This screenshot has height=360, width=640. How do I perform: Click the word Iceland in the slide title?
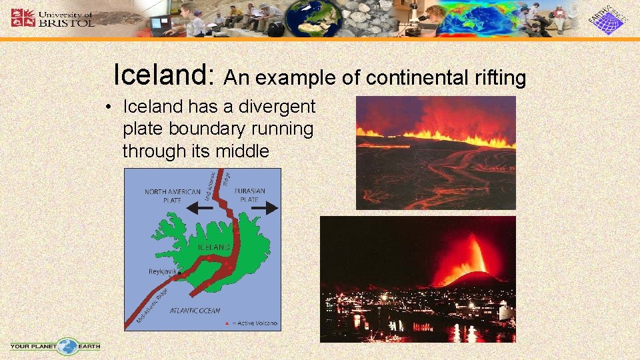[x=163, y=75]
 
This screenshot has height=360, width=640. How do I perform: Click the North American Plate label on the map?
[x=172, y=195]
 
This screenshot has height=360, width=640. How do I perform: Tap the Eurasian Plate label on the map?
[x=250, y=195]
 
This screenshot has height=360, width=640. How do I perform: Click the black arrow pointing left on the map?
[x=201, y=209]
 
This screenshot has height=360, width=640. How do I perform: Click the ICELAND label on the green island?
[x=214, y=247]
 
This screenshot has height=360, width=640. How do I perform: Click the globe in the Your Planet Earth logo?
[x=67, y=347]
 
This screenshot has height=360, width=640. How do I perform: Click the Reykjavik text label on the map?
[x=161, y=272]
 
